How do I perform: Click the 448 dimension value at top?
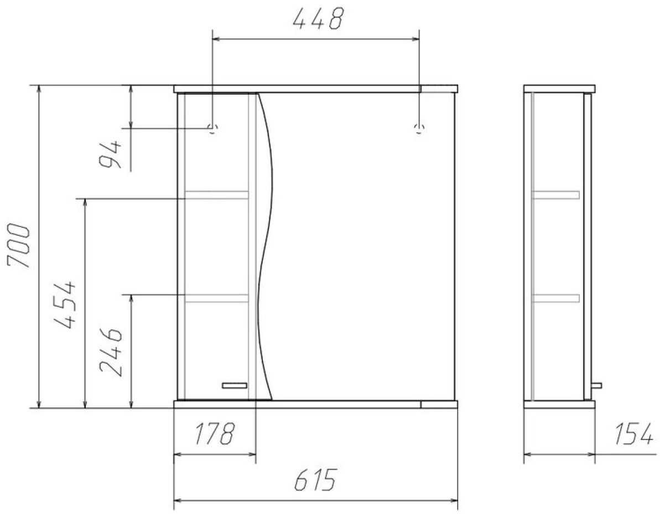(x=318, y=18)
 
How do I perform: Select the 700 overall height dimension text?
(x=19, y=246)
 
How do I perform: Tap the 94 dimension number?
(x=110, y=154)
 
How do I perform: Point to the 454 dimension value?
(x=64, y=305)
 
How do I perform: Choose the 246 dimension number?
(x=111, y=353)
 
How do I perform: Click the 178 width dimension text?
(x=215, y=434)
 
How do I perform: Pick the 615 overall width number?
(x=315, y=480)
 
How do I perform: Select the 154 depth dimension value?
(x=633, y=434)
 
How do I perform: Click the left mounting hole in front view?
(x=212, y=128)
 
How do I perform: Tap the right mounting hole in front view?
(x=419, y=128)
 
